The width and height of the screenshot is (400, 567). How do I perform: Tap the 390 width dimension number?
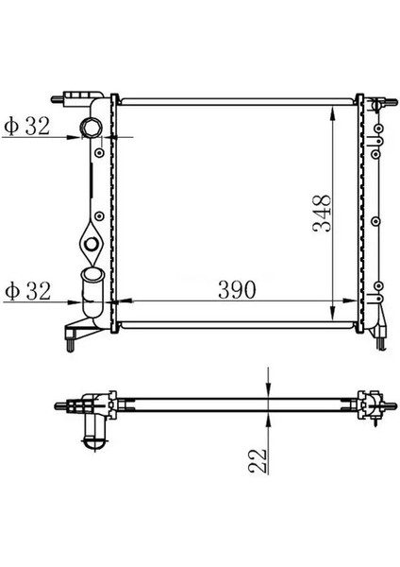[x=235, y=290]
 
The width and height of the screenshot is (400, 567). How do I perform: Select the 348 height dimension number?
[x=323, y=216]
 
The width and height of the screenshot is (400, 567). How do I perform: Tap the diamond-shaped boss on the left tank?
[x=91, y=242]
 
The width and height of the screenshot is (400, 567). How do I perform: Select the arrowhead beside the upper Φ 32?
[x=75, y=137]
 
